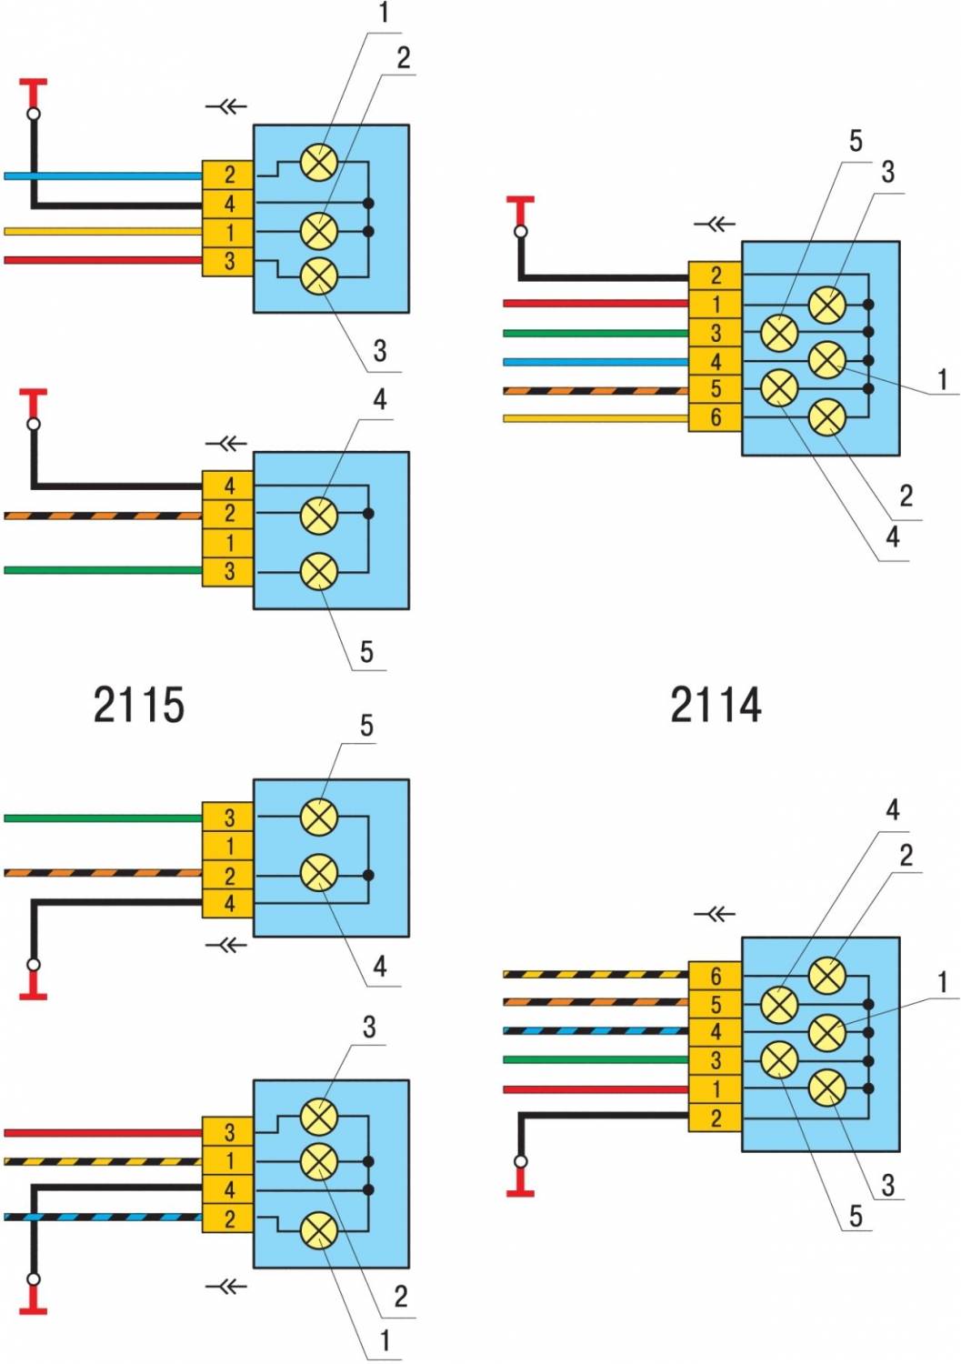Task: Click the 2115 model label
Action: [139, 705]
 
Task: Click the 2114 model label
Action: [716, 705]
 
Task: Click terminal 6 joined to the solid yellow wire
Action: [716, 417]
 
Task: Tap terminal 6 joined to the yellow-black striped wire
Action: [716, 976]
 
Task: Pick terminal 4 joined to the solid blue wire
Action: [716, 361]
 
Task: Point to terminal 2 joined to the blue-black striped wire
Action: [229, 1218]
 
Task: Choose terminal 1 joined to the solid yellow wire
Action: [229, 232]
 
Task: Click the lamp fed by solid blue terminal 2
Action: [319, 163]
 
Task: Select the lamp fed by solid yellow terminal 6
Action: [826, 417]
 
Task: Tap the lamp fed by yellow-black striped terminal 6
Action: [826, 976]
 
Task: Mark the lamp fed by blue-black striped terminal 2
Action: [319, 1230]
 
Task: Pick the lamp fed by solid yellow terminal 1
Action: [319, 231]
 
